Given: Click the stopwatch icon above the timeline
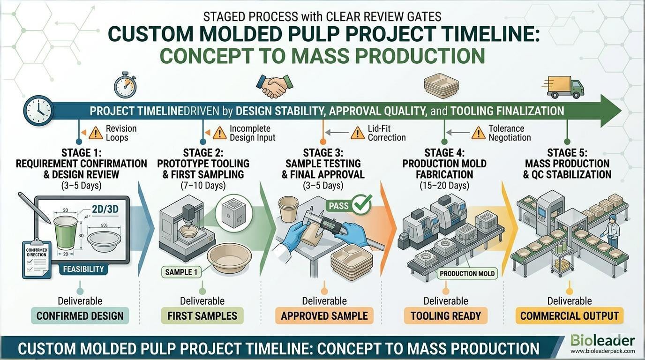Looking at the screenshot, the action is pyautogui.click(x=125, y=85).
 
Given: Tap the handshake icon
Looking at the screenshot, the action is pyautogui.click(x=275, y=86).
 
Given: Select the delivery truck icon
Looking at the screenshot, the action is pyautogui.click(x=563, y=87).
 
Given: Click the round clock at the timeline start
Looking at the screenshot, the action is pyautogui.click(x=38, y=111).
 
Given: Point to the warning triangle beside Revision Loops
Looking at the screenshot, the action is pyautogui.click(x=96, y=133).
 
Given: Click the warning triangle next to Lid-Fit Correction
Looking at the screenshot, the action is pyautogui.click(x=358, y=133).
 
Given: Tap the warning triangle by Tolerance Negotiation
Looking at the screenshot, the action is pyautogui.click(x=479, y=133).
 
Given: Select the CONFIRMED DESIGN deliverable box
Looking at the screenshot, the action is pyautogui.click(x=80, y=315).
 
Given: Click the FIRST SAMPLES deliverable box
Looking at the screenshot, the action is pyautogui.click(x=202, y=315).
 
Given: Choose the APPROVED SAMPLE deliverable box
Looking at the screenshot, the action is pyautogui.click(x=324, y=315).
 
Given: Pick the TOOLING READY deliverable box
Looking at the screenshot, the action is pyautogui.click(x=446, y=315).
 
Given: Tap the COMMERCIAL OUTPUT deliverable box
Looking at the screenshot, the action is pyautogui.click(x=570, y=315).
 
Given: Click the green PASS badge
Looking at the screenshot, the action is pyautogui.click(x=349, y=205).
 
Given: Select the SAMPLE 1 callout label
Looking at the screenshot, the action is pyautogui.click(x=181, y=272).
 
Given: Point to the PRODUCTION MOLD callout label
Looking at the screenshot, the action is pyautogui.click(x=467, y=273).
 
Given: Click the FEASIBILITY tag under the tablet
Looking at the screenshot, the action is pyautogui.click(x=83, y=269).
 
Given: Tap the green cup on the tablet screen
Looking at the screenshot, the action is pyautogui.click(x=66, y=232).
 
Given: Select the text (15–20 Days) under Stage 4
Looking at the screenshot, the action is pyautogui.click(x=444, y=186).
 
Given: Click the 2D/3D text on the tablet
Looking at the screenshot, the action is pyautogui.click(x=105, y=209).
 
